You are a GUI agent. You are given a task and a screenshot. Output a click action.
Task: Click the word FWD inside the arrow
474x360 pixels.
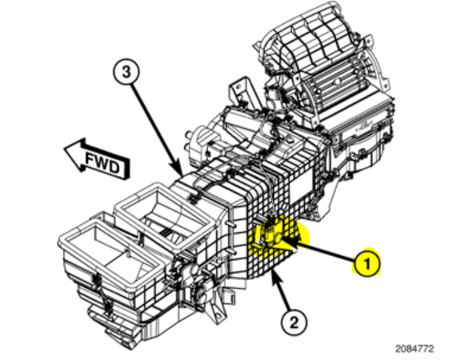[x=102, y=163]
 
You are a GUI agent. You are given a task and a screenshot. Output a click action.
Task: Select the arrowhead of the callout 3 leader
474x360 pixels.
[x=179, y=171]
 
